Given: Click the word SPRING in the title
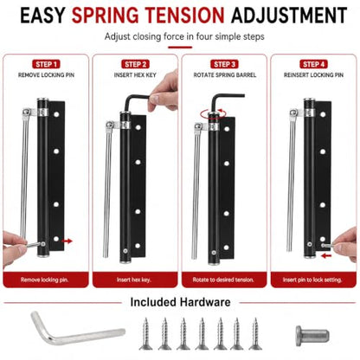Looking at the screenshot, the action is pos(106,15).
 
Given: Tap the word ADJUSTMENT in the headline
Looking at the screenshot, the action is pos(289,15).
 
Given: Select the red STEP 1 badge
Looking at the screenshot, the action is pos(46,64).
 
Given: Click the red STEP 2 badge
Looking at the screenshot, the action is pos(135,64).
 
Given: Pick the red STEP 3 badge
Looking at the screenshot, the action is pos(224,64).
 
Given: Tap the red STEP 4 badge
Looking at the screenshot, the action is pos(313,64).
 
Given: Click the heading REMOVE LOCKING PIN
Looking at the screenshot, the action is pos(46,75).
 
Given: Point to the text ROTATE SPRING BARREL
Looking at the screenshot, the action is pos(224,75).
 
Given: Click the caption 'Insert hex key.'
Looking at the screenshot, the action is pos(134,280).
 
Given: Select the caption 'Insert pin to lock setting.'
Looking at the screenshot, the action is pos(312,280).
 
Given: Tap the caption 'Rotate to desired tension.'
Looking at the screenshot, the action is pos(223,280).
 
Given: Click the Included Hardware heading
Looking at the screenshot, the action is pos(180,302).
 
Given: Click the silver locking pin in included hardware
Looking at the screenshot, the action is pos(312,336).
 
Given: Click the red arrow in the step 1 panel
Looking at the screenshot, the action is pos(67,241).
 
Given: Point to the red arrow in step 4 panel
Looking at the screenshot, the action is pos(326,255).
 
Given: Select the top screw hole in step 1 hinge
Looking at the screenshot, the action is pos(56,114).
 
